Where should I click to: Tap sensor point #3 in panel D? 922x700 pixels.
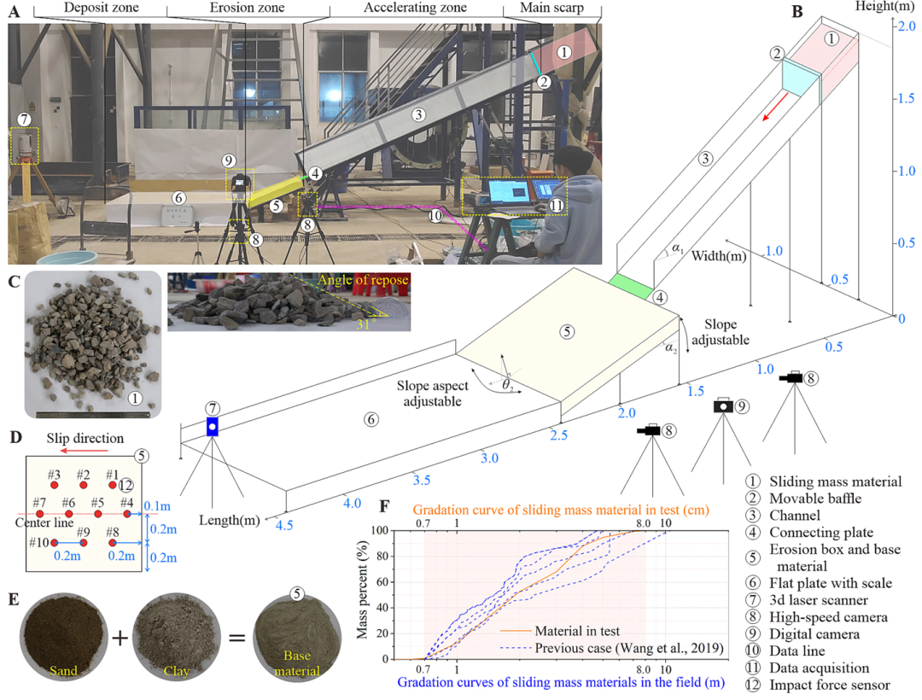54,486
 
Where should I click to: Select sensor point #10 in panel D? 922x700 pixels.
54,542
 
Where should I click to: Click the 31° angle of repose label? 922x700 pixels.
365,324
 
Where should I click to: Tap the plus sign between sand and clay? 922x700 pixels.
120,637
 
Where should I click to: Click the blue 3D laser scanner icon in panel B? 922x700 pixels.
213,426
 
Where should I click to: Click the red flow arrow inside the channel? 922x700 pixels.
775,107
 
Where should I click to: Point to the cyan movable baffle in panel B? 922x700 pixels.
801,77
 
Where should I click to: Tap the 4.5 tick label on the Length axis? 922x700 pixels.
284,525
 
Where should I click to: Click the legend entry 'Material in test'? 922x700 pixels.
577,631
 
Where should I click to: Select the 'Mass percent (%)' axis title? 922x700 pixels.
362,590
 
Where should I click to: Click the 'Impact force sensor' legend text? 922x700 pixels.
830,685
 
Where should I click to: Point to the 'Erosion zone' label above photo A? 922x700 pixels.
247,8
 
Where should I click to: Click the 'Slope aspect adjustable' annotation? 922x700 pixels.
433,394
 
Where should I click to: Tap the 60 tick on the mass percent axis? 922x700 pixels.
382,582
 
